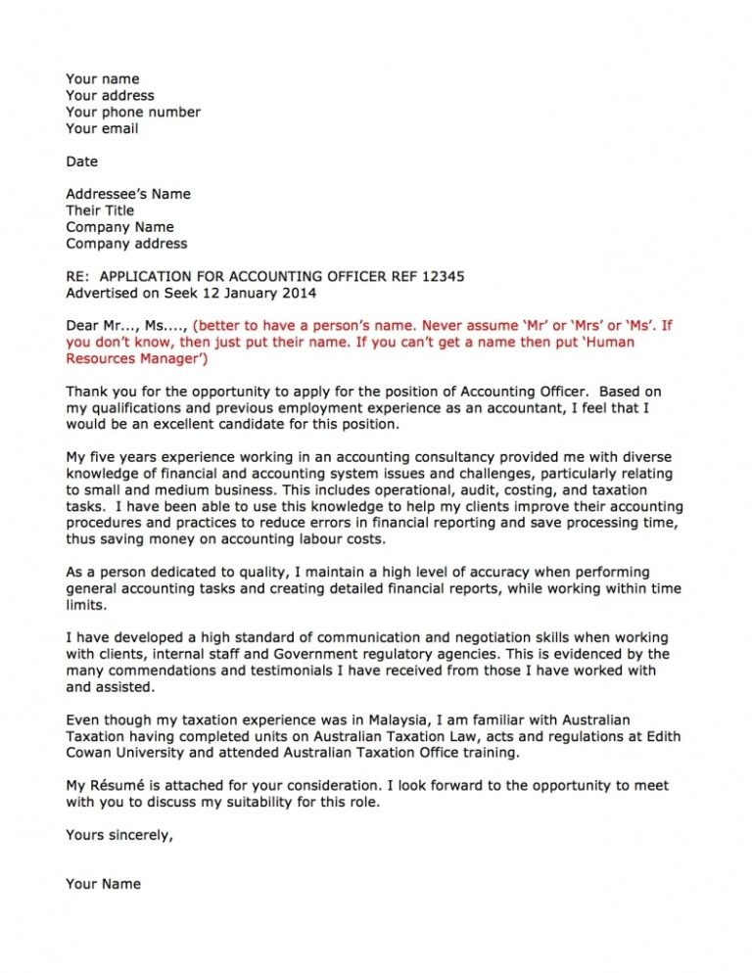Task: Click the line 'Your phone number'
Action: (x=133, y=112)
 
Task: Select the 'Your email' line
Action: (x=102, y=128)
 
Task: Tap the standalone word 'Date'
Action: (x=82, y=162)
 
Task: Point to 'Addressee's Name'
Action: (x=128, y=194)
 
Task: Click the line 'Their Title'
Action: (x=100, y=210)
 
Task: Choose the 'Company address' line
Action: (x=126, y=244)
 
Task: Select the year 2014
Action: (x=298, y=293)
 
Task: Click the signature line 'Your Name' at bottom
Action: (x=103, y=884)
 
